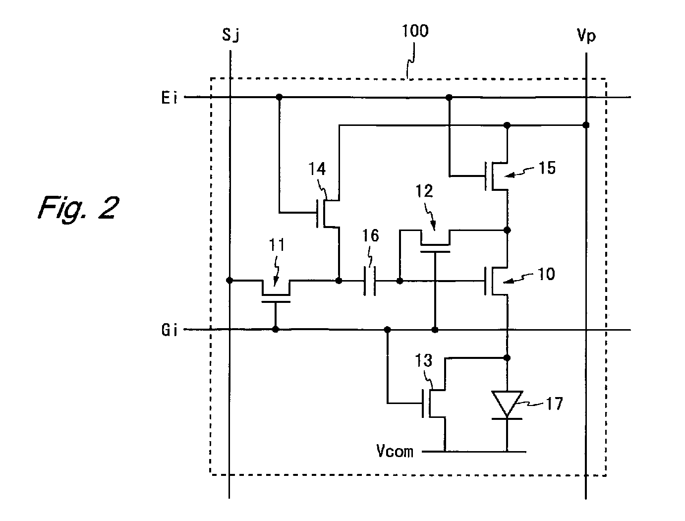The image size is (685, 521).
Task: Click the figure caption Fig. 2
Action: coord(78,208)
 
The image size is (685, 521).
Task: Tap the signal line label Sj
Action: coord(230,35)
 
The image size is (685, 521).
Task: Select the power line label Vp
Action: coord(586,36)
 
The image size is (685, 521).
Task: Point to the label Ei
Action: coord(170,98)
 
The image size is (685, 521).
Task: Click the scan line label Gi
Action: coord(170,330)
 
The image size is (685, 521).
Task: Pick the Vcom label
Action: coord(395,451)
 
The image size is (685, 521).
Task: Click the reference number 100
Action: coord(415,31)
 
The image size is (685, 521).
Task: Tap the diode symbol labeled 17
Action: coord(507,405)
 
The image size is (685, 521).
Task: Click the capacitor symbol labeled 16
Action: coord(369,281)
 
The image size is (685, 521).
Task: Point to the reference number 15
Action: coord(547,168)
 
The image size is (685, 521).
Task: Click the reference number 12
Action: coord(424,191)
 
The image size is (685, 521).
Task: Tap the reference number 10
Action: coord(546,274)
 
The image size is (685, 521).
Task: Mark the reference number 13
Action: coord(423,361)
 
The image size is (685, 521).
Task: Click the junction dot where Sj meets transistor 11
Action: coord(229,281)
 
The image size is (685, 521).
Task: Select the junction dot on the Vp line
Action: coord(586,125)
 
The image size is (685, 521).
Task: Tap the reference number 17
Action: coord(554,404)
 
